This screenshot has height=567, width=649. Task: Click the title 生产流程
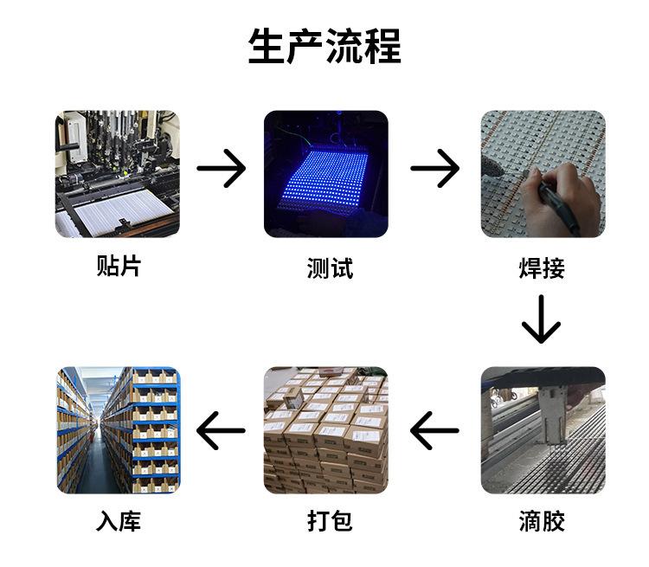(324, 46)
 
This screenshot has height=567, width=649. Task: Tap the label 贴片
(118, 265)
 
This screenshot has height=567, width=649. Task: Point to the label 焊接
(542, 267)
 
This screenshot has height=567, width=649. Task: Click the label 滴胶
(542, 521)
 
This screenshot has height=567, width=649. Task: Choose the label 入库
(118, 521)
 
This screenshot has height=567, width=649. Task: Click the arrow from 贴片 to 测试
(222, 167)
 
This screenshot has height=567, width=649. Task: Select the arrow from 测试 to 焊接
(434, 167)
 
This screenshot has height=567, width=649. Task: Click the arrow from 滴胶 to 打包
(434, 430)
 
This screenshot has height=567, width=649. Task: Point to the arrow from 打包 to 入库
(222, 430)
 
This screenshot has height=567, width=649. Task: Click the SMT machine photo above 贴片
(118, 173)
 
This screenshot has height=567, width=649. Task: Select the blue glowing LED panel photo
(326, 173)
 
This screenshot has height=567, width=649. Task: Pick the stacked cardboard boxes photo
(326, 430)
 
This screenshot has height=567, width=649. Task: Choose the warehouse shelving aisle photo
(118, 430)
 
